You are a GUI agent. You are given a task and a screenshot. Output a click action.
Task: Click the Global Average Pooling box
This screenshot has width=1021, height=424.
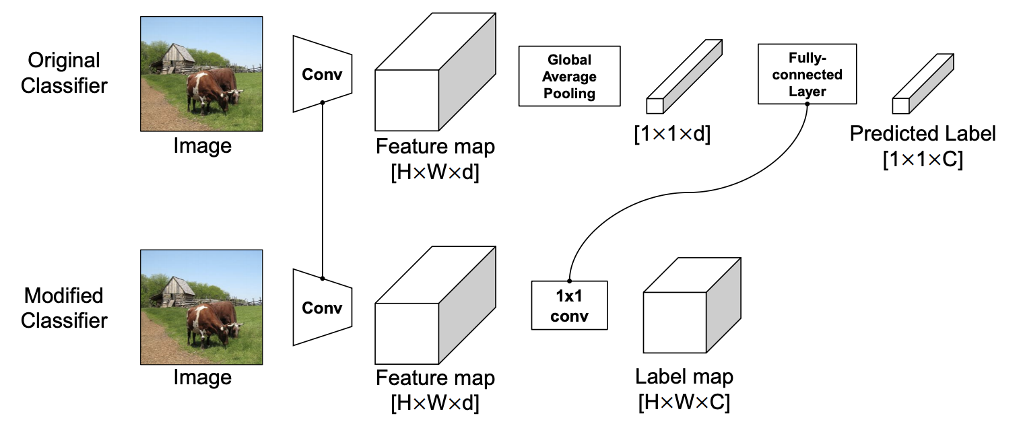pos(569,76)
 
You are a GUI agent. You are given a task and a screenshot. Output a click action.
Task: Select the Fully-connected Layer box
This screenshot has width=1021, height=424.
pos(807,74)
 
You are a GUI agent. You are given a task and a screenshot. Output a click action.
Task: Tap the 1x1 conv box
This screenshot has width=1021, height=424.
pos(569,305)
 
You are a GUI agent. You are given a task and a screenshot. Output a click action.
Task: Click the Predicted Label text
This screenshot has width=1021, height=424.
pos(922,133)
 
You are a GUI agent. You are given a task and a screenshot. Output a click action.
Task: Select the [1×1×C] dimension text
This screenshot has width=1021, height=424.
pos(922,160)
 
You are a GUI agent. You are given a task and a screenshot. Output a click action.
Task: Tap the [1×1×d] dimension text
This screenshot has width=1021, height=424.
pos(672,134)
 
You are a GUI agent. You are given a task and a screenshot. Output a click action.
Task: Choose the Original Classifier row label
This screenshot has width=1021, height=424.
pos(64,73)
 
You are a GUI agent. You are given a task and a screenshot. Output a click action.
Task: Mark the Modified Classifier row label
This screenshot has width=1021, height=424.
pos(64,308)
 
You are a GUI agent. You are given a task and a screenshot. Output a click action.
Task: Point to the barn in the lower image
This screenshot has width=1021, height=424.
pos(174,291)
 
